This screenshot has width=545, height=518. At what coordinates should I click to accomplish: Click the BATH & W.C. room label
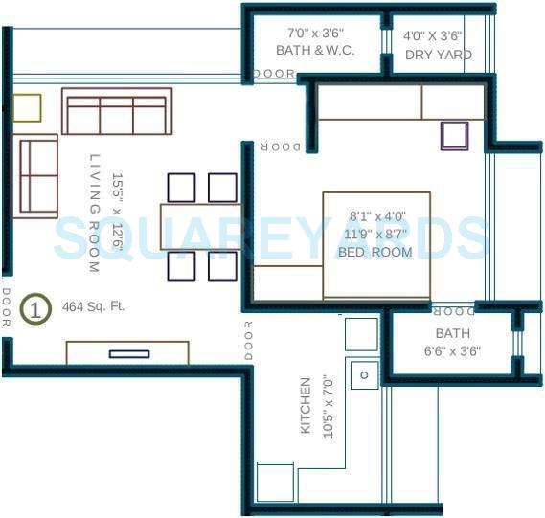pyautogui.click(x=314, y=51)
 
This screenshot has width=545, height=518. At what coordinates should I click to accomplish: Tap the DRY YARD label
pyautogui.click(x=439, y=55)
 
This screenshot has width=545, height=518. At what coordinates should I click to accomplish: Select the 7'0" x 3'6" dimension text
pyautogui.click(x=314, y=34)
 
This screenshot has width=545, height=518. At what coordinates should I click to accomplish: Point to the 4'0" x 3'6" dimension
pyautogui.click(x=433, y=35)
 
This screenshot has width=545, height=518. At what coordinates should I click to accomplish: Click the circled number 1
pyautogui.click(x=35, y=309)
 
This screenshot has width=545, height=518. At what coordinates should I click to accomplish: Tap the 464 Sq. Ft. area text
pyautogui.click(x=93, y=307)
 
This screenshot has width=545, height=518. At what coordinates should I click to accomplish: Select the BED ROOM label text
pyautogui.click(x=375, y=253)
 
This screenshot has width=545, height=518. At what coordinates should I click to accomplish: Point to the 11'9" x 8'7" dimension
pyautogui.click(x=375, y=235)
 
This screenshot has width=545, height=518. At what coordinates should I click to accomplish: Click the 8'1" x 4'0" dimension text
pyautogui.click(x=377, y=216)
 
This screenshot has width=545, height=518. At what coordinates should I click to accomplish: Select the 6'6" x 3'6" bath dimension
pyautogui.click(x=452, y=351)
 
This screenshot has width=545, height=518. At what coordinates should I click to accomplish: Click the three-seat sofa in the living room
pyautogui.click(x=117, y=112)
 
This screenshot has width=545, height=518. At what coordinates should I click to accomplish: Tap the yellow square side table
pyautogui.click(x=27, y=107)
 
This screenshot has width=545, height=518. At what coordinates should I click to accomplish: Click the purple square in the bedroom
pyautogui.click(x=455, y=136)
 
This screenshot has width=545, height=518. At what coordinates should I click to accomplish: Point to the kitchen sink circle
pyautogui.click(x=364, y=375)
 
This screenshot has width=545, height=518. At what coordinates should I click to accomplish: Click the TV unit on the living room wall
pyautogui.click(x=127, y=353)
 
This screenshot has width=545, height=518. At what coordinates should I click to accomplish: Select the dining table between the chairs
pyautogui.click(x=199, y=226)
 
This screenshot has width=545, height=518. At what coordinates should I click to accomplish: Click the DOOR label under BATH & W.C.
pyautogui.click(x=274, y=74)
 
